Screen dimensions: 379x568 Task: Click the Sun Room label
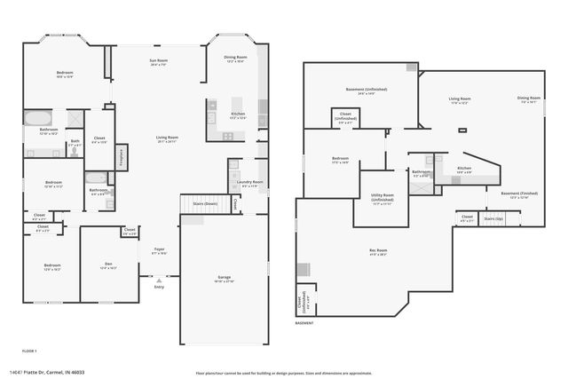click(x=159, y=62)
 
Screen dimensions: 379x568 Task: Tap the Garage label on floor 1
click(x=224, y=279)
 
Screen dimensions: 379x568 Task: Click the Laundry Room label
click(x=250, y=185)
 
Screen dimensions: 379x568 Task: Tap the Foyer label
click(x=159, y=251)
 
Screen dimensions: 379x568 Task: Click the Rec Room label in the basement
click(x=378, y=252)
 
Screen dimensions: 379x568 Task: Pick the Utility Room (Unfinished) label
click(x=383, y=201)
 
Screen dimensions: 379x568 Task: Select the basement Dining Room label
click(x=530, y=100)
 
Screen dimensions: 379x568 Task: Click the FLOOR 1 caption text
click(x=29, y=351)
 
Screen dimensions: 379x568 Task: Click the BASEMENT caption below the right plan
click(x=305, y=323)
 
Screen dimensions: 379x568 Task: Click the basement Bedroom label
click(x=339, y=161)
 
